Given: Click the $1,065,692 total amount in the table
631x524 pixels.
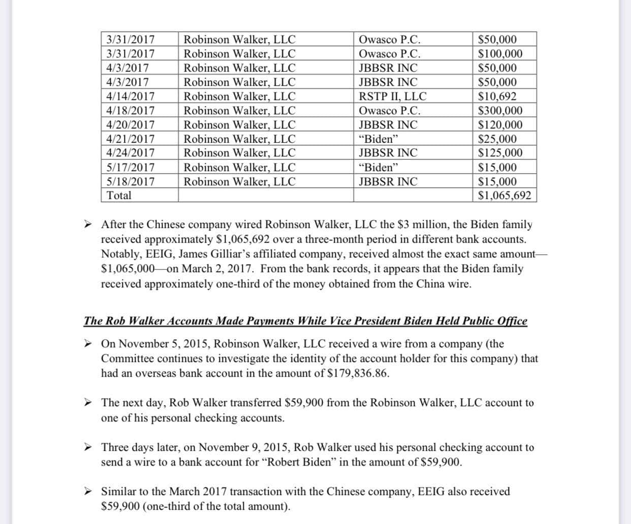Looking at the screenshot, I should [505, 195].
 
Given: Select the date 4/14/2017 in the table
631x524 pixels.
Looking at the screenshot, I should [131, 96].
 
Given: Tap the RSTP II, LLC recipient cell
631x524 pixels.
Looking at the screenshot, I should [392, 96].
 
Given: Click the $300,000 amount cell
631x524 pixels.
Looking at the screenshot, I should [500, 111].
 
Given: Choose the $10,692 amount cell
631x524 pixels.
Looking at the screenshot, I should [497, 96].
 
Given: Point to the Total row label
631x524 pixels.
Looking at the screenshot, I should [119, 195].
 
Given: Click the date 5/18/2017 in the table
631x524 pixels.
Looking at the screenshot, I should [131, 182].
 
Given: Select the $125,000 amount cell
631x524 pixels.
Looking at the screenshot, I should [500, 153].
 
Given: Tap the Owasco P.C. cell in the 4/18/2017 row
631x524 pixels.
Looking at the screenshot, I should [389, 111].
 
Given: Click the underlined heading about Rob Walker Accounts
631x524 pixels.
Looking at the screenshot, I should [305, 321].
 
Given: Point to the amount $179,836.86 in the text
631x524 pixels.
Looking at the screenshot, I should [359, 374].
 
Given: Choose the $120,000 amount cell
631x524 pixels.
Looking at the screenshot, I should [500, 125].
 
